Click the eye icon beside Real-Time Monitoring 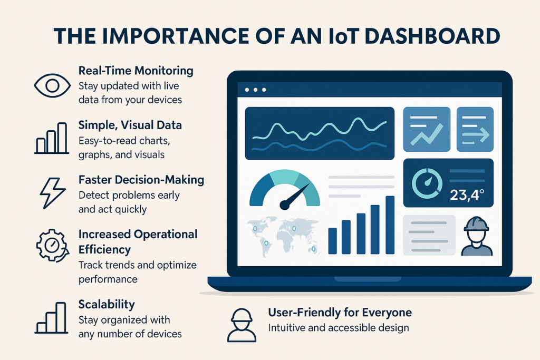point(52,85)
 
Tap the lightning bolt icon point(52,193)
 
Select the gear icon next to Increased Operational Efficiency point(52,246)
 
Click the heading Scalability point(107,305)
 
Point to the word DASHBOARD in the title point(432,36)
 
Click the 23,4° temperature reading point(467,195)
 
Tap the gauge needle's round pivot point(284,206)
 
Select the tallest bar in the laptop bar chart point(390,225)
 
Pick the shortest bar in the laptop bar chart point(332,241)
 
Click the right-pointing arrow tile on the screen point(475,129)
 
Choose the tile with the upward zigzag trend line point(427,129)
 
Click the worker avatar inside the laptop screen point(477,236)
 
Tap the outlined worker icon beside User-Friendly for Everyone point(242,325)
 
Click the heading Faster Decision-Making point(141,180)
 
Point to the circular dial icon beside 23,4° point(427,183)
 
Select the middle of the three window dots point(255,90)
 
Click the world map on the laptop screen point(283,236)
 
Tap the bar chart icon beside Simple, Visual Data point(52,138)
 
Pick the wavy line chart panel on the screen point(320,133)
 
